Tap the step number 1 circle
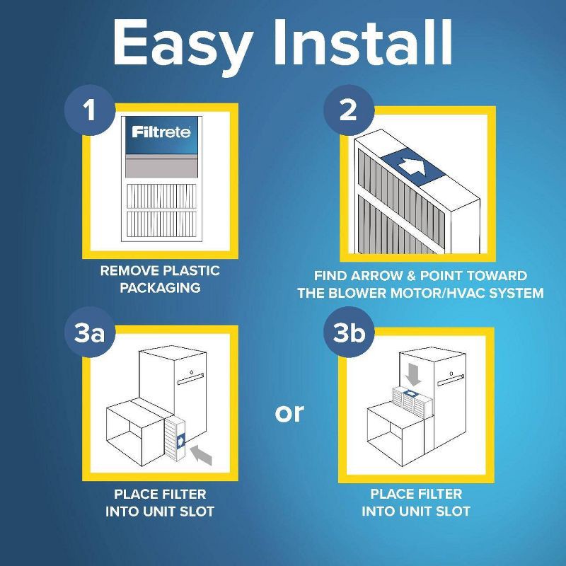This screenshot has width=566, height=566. [x=90, y=111]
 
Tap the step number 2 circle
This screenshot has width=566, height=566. [x=348, y=111]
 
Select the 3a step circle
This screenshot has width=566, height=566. [x=90, y=333]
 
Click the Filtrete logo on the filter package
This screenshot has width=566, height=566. [x=161, y=132]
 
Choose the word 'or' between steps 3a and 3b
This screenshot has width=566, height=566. [x=289, y=412]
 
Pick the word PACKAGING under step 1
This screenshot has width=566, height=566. [x=160, y=288]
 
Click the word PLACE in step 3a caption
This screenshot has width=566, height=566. [x=129, y=494]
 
